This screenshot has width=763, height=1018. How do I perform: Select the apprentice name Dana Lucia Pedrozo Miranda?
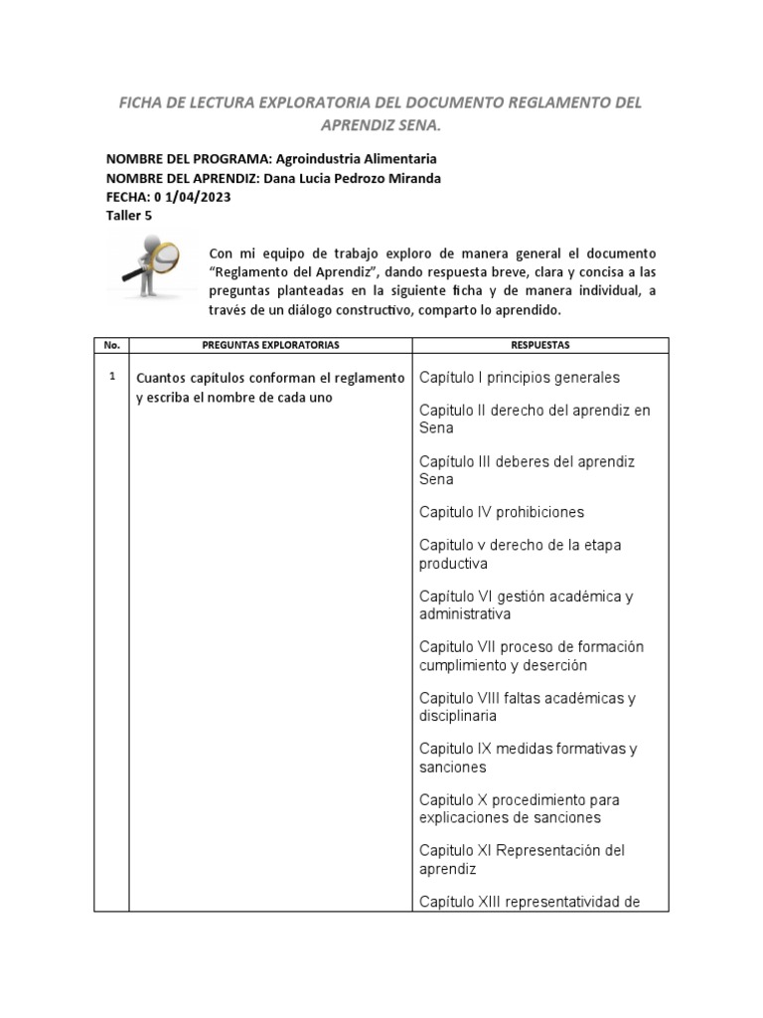coord(350,178)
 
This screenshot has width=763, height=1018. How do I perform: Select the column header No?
coord(111,345)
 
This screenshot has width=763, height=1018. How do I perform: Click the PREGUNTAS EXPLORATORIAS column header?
coord(270,345)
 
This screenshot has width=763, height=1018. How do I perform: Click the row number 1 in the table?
coord(112,377)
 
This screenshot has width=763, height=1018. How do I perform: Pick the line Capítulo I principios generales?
coord(519,378)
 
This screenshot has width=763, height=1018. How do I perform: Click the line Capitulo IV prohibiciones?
coord(501,512)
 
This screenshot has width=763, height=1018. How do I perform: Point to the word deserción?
coord(552,665)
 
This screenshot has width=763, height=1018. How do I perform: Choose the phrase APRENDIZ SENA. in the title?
coord(381,126)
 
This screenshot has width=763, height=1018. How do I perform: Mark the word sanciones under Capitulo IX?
coord(453,767)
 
